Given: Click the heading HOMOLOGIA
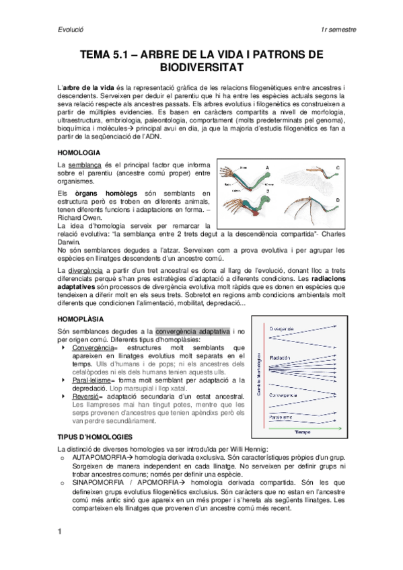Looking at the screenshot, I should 79,153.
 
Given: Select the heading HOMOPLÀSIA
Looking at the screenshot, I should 82,319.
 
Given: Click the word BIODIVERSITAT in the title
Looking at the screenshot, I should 201,68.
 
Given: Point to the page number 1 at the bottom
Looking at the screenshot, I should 60,532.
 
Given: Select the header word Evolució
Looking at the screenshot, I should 70,30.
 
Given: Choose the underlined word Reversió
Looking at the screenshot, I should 87,397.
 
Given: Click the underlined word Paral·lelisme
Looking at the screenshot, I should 96,380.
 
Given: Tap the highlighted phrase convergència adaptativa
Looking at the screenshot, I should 192,331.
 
